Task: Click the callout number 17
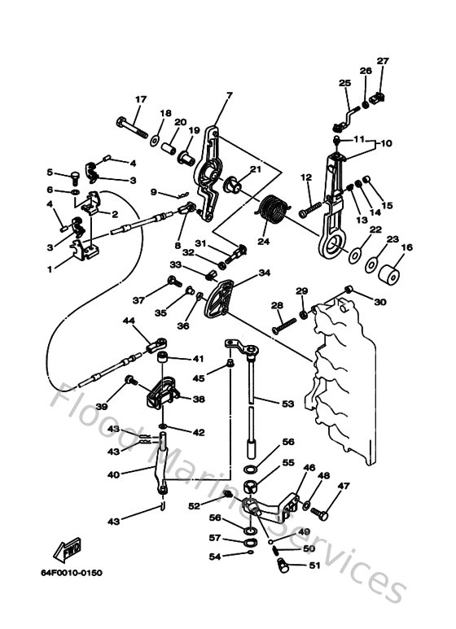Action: click(140, 99)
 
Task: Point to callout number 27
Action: click(383, 61)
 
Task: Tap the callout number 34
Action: click(264, 273)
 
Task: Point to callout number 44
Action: click(129, 321)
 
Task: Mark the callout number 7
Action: click(229, 95)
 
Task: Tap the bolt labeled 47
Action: click(321, 513)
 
